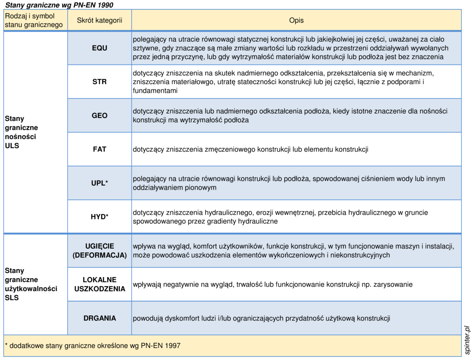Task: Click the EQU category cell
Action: (100, 48)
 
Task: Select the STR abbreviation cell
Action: (100, 82)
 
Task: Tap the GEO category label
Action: (100, 116)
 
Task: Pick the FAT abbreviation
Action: (100, 150)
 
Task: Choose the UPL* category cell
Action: (100, 183)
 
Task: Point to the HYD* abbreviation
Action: (100, 217)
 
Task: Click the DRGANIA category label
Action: (100, 318)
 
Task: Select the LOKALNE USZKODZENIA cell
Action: (100, 284)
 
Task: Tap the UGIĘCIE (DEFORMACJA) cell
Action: (100, 251)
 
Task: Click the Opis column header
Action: (296, 20)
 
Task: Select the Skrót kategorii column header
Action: (100, 20)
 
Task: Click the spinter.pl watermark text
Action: (466, 340)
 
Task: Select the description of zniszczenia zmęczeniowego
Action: (250, 150)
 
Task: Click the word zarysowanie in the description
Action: (393, 284)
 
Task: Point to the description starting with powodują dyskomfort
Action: (261, 318)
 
